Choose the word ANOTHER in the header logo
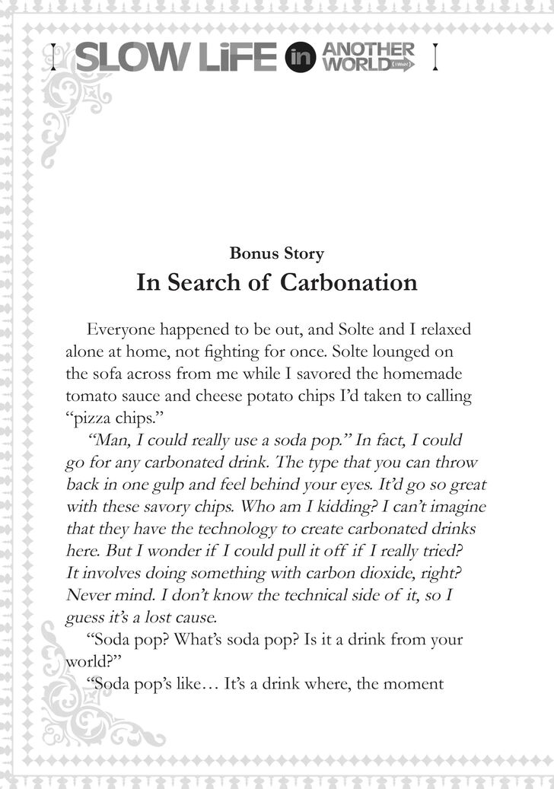369,50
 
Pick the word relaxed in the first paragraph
444,330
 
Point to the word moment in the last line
414,683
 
